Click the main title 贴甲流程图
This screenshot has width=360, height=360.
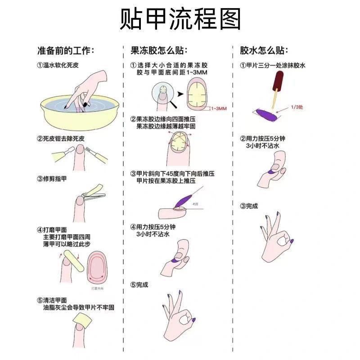pyautogui.click(x=180, y=19)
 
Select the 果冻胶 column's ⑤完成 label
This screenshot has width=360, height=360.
pyautogui.click(x=139, y=284)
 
